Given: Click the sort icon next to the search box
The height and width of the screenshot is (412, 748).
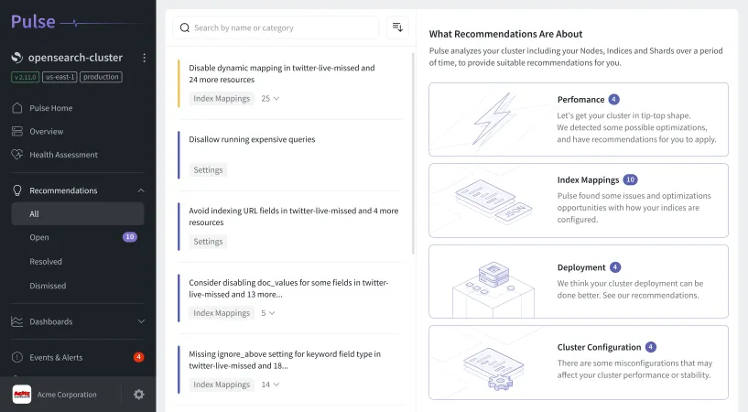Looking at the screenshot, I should (x=397, y=27).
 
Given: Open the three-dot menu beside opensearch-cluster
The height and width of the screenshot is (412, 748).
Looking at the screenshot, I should (x=144, y=58).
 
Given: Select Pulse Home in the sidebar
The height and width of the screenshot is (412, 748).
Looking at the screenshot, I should (x=50, y=108).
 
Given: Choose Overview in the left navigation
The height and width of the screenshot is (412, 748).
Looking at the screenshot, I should (x=46, y=131).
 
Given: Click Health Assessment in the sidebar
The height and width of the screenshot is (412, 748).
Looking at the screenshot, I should (x=63, y=155).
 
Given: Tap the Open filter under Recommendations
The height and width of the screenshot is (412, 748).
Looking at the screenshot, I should (x=39, y=237).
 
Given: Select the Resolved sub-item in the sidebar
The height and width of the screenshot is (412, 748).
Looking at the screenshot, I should (x=46, y=261).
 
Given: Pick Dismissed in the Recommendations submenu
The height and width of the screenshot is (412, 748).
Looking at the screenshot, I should (x=48, y=286).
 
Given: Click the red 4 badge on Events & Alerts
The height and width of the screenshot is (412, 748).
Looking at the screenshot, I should (x=138, y=357).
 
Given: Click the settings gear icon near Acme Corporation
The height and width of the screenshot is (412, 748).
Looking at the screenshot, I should (x=139, y=395).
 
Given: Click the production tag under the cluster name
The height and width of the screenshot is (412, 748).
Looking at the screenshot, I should (x=101, y=77).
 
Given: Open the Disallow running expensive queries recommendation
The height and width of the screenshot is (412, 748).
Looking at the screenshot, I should (x=252, y=140).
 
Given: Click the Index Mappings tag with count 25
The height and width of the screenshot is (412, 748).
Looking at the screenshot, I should (x=222, y=98).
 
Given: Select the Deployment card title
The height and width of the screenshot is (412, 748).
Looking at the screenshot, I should (x=581, y=267).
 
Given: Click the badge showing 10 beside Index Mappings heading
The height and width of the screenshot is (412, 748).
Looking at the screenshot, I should (x=630, y=180).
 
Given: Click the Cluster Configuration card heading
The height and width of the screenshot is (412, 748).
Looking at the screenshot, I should (x=599, y=347).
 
